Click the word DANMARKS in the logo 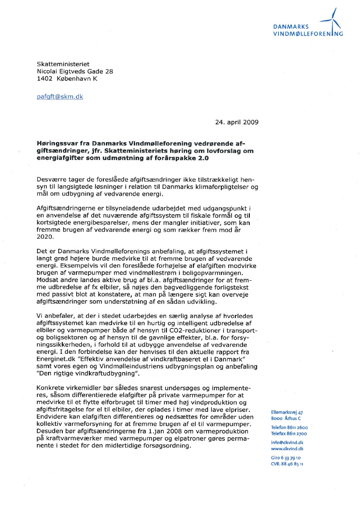pyautogui.click(x=288, y=27)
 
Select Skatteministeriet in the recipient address pyautogui.click(x=63, y=64)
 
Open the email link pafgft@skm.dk pyautogui.click(x=60, y=97)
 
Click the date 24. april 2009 pyautogui.click(x=237, y=122)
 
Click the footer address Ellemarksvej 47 pyautogui.click(x=287, y=412)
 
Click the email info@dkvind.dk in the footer pyautogui.click(x=287, y=442)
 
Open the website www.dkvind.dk pyautogui.click(x=287, y=448)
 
